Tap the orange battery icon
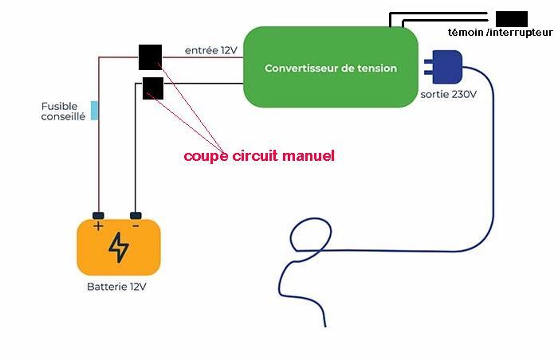118,247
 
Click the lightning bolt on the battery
118,248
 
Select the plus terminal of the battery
98,216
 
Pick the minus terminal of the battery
136,216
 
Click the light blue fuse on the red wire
95,110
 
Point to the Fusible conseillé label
63,111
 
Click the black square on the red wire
149,57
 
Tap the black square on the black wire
152,88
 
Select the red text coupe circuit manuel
258,156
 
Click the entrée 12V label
211,50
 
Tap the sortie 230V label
448,94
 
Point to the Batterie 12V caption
117,286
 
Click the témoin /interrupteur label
501,32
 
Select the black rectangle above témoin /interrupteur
511,18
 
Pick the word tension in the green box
376,68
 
